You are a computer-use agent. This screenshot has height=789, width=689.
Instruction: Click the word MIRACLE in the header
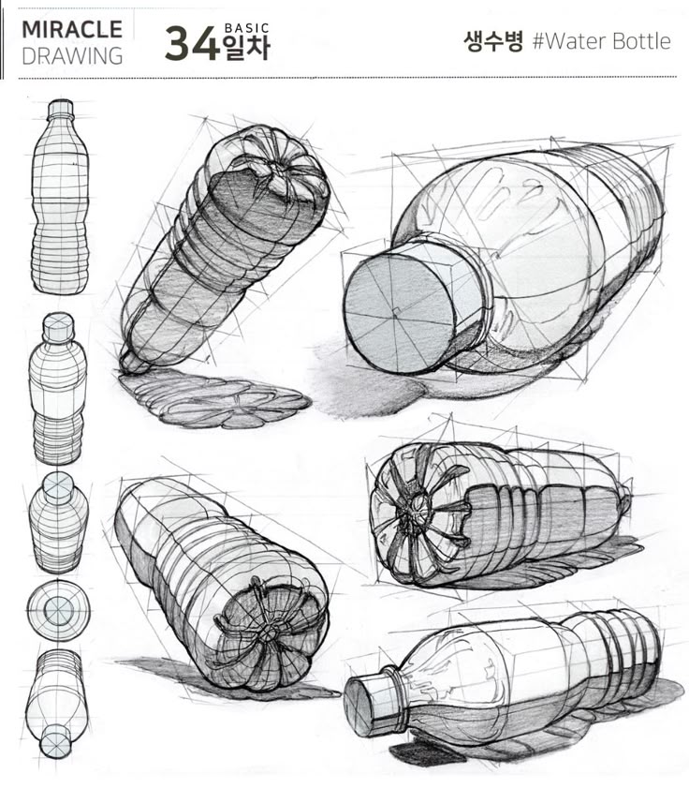click(x=72, y=28)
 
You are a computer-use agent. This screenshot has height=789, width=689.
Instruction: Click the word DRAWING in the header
click(x=72, y=54)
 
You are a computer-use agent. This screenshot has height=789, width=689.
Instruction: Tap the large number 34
click(x=193, y=44)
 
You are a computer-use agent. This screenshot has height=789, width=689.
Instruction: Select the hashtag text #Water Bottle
click(x=601, y=41)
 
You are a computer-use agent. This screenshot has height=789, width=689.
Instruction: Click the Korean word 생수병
click(x=492, y=41)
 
